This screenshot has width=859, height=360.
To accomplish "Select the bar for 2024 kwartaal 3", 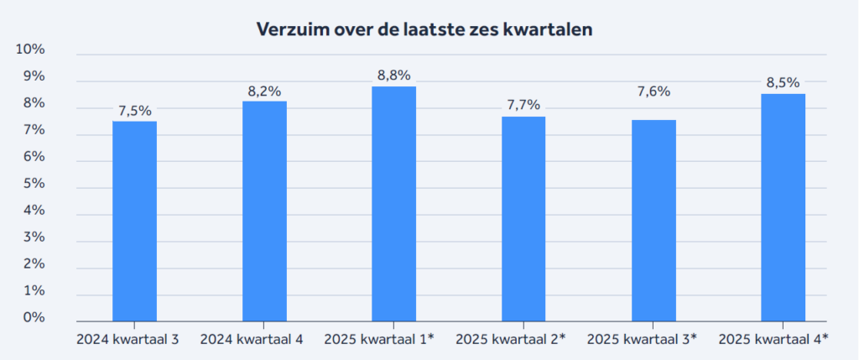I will pos(134,222).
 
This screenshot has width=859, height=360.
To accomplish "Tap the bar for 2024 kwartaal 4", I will pos(264,211).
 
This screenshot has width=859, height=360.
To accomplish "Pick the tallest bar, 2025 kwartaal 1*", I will pos(394,204).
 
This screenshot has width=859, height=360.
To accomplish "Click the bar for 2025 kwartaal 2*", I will pos(523,219).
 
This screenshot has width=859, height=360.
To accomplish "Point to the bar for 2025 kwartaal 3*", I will pos(653,221).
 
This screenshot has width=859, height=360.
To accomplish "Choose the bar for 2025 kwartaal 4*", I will pos(783,207).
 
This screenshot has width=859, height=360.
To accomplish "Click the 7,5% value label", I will pos(134,110).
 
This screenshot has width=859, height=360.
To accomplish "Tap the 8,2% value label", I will pos(264,91).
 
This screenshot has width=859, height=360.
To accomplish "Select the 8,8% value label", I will pos(394,76).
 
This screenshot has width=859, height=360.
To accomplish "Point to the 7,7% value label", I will pos(523,105).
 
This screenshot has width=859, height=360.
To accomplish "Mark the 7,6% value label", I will pos(653,91).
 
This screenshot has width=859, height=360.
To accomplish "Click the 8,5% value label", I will pos(783,82).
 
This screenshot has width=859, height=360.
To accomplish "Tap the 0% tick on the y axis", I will pos(34,318).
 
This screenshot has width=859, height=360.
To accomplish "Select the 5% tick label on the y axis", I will pos(34,184).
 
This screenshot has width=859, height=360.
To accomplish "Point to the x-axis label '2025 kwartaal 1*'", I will pos(383,339).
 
